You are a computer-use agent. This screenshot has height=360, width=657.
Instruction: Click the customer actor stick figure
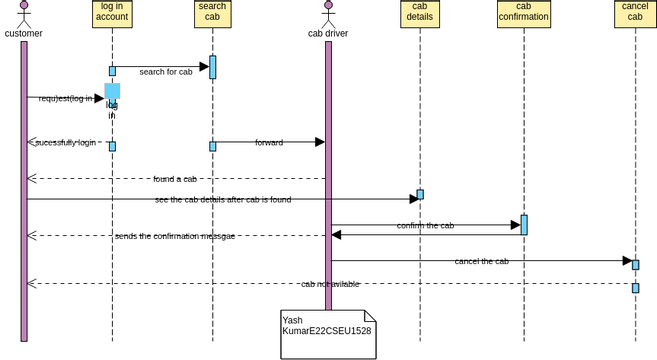tap(24, 14)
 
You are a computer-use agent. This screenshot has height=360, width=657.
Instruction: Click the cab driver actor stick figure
tap(328, 14)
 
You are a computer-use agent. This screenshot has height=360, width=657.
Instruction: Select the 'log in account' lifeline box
tap(112, 14)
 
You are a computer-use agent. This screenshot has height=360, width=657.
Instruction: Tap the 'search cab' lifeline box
tap(212, 14)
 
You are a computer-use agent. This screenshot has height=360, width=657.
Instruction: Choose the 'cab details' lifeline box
tap(420, 14)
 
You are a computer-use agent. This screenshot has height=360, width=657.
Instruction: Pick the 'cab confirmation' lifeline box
tap(524, 14)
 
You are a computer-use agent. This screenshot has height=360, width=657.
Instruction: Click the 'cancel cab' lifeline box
tap(635, 14)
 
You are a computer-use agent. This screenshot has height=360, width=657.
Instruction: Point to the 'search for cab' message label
tap(166, 72)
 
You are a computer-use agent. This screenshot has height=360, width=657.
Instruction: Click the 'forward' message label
tap(269, 143)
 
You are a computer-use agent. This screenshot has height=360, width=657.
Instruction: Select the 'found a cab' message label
tap(175, 179)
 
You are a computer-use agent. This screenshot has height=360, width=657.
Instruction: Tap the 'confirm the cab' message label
tap(425, 226)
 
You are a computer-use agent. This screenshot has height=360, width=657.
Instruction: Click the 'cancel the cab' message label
tap(481, 261)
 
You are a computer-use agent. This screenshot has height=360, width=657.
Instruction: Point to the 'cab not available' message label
tap(330, 284)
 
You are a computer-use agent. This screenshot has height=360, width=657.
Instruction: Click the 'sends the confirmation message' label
tap(175, 236)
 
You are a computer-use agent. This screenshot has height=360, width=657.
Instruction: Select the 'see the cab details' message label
tap(223, 200)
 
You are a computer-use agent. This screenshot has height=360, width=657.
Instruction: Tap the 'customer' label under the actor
tap(24, 34)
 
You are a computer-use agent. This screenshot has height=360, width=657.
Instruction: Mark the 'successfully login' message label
tap(66, 143)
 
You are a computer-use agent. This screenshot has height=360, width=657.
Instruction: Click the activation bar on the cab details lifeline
tap(420, 194)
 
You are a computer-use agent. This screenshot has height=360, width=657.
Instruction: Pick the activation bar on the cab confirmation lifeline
tap(524, 225)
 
